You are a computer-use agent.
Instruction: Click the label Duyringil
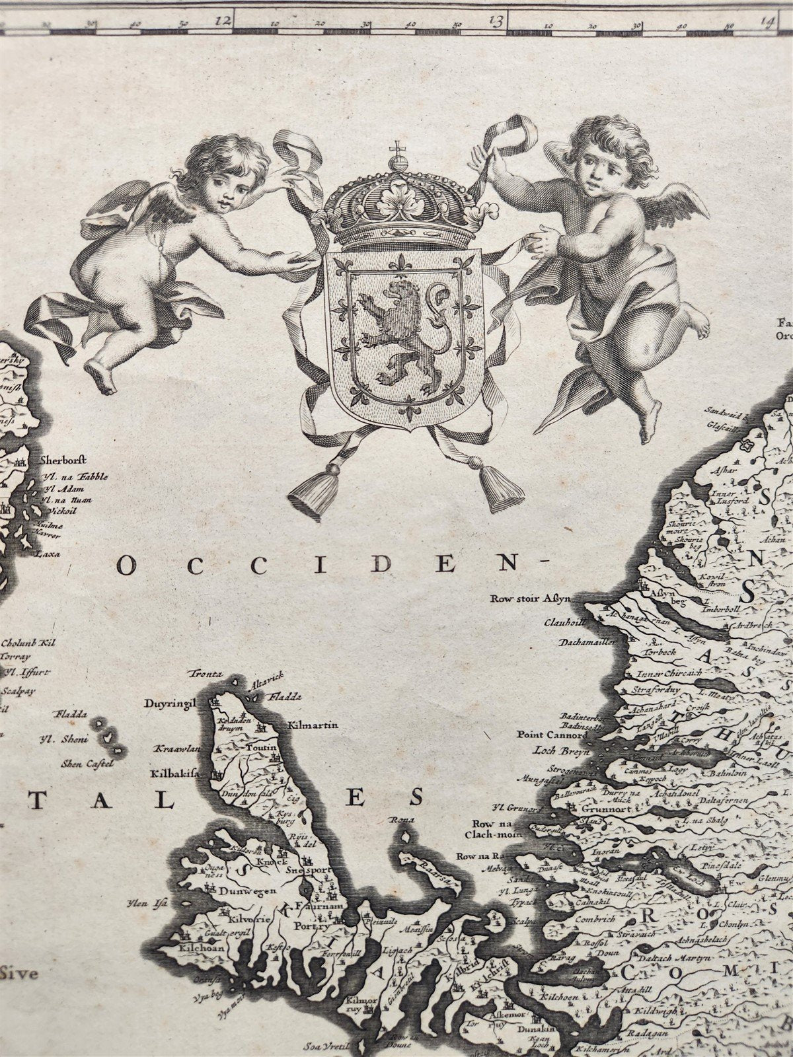(171, 704)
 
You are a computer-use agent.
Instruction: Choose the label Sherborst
(63, 461)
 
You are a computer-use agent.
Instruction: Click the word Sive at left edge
(20, 972)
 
